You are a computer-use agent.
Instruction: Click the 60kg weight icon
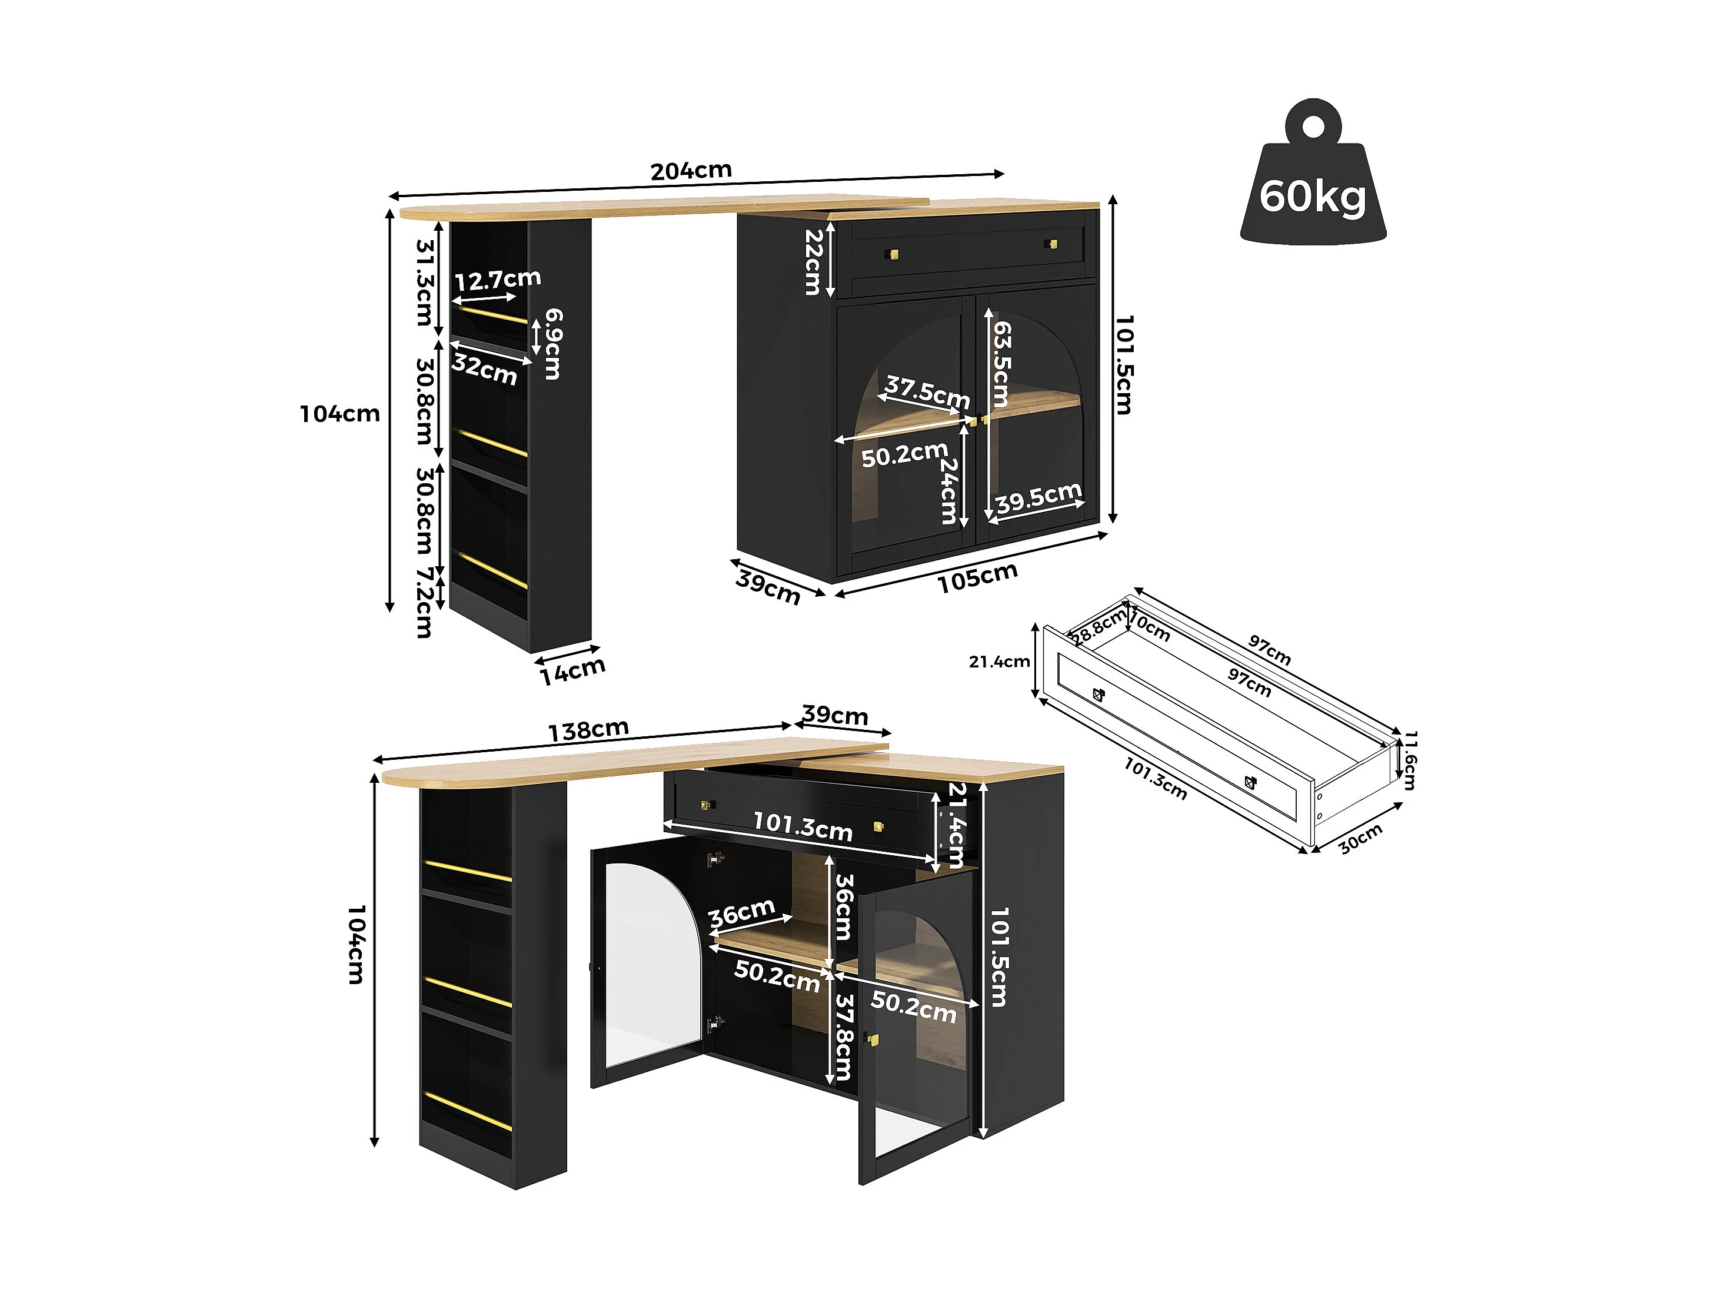(1312, 179)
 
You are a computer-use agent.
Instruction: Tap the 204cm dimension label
(691, 170)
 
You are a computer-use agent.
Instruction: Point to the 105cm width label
(977, 578)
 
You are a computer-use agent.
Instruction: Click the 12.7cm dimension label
(497, 279)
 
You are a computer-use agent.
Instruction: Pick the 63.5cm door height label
(1002, 364)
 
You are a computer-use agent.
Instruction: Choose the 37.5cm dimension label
(927, 391)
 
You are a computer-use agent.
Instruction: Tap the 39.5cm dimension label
(1038, 497)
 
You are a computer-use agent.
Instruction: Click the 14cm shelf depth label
(572, 672)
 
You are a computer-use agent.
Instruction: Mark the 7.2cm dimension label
(424, 603)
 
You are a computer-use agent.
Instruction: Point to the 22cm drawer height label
(813, 262)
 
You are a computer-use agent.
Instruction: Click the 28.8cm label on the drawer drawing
(1097, 626)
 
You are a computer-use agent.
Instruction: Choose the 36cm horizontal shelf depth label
(742, 913)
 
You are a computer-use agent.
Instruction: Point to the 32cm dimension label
(485, 369)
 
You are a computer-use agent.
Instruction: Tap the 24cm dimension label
(949, 490)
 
